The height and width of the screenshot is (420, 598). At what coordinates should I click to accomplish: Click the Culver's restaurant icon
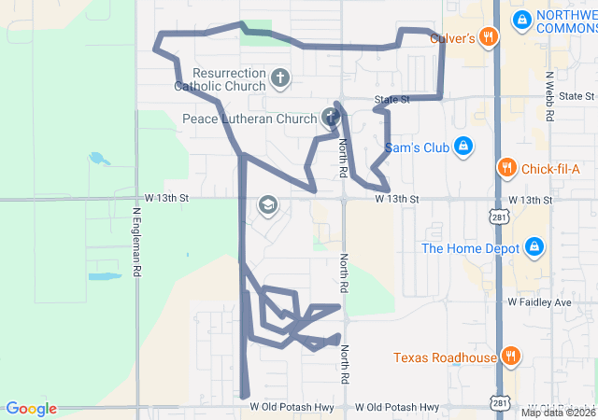487,37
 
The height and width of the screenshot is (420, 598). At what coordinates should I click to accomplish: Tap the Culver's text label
453,38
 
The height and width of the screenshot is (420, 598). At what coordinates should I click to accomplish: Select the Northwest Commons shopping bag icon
521,18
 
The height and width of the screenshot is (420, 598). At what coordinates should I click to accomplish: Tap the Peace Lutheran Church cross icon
330,118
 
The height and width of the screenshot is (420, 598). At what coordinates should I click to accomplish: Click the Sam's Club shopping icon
463,147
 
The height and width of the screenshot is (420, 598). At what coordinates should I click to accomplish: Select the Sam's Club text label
418,147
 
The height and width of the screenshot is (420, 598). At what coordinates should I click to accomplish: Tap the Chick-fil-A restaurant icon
506,168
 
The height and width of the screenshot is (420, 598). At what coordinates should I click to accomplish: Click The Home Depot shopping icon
534,247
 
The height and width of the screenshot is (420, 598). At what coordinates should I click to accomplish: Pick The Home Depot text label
470,248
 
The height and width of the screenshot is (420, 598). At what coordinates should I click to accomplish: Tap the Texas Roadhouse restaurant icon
510,357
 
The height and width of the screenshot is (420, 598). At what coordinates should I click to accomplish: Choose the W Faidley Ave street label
539,303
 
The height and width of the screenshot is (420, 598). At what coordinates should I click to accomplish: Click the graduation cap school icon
268,204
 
